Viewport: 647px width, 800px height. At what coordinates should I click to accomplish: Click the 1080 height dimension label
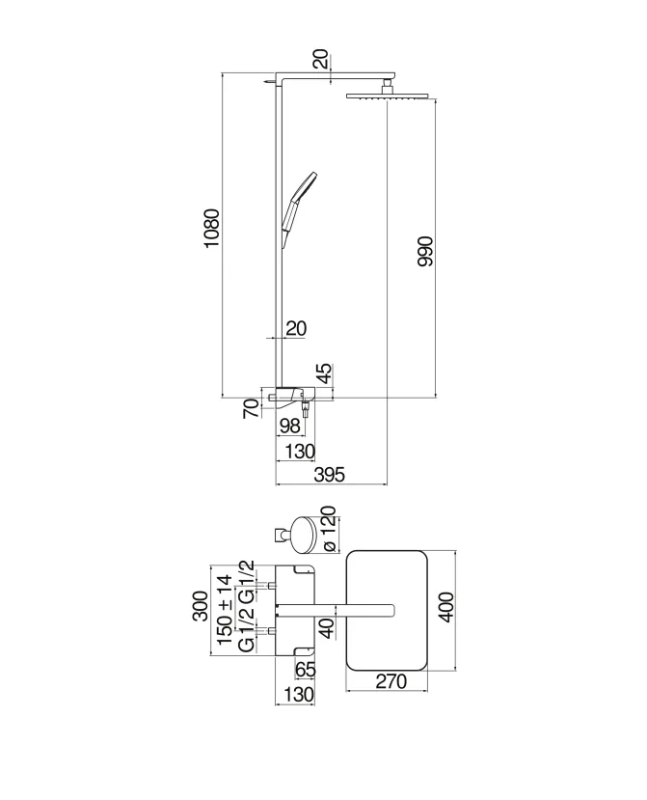[x=211, y=228]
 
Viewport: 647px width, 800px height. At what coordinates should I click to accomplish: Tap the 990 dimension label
[x=424, y=251]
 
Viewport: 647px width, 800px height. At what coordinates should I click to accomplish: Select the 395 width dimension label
[x=330, y=475]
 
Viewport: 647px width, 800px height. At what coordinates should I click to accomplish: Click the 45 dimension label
[x=324, y=374]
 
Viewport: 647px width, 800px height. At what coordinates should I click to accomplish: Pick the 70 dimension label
[x=251, y=408]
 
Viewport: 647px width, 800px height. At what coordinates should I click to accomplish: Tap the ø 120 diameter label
[x=329, y=529]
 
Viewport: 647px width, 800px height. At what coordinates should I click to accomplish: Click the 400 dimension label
[x=445, y=607]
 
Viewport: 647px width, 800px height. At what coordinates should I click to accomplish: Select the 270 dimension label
[x=391, y=681]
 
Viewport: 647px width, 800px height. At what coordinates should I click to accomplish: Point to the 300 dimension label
[x=201, y=606]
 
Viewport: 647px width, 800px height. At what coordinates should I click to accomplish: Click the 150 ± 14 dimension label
[x=225, y=610]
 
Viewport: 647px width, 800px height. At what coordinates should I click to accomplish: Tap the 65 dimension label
[x=306, y=670]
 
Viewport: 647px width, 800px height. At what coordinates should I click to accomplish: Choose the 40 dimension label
[x=329, y=627]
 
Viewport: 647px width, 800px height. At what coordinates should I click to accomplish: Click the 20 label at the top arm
[x=320, y=59]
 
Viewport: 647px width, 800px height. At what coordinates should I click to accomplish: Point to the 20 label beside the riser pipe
[x=296, y=328]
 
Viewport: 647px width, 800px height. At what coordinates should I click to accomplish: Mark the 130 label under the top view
[x=298, y=695]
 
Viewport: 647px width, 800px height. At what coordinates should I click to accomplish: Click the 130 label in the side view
[x=300, y=452]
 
